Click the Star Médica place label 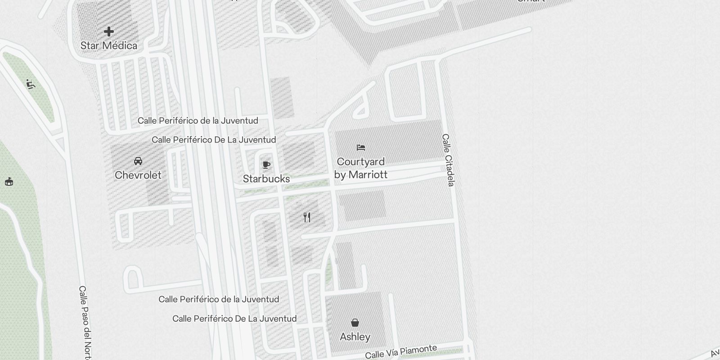click(109, 45)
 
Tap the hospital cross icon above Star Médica click(109, 31)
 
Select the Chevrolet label click(138, 175)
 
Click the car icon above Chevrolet click(138, 161)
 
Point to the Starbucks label click(266, 179)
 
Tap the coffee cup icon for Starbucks click(266, 164)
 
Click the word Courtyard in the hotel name click(360, 162)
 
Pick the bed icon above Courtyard click(360, 147)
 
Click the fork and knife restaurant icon click(307, 217)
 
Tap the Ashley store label click(355, 337)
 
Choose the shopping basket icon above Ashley click(355, 322)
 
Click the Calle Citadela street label click(448, 160)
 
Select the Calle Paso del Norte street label click(85, 322)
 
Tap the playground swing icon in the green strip click(30, 84)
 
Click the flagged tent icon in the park click(9, 181)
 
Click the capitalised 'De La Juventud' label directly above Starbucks click(214, 139)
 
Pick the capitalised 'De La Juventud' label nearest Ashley click(234, 319)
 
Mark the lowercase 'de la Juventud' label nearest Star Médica click(198, 121)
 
